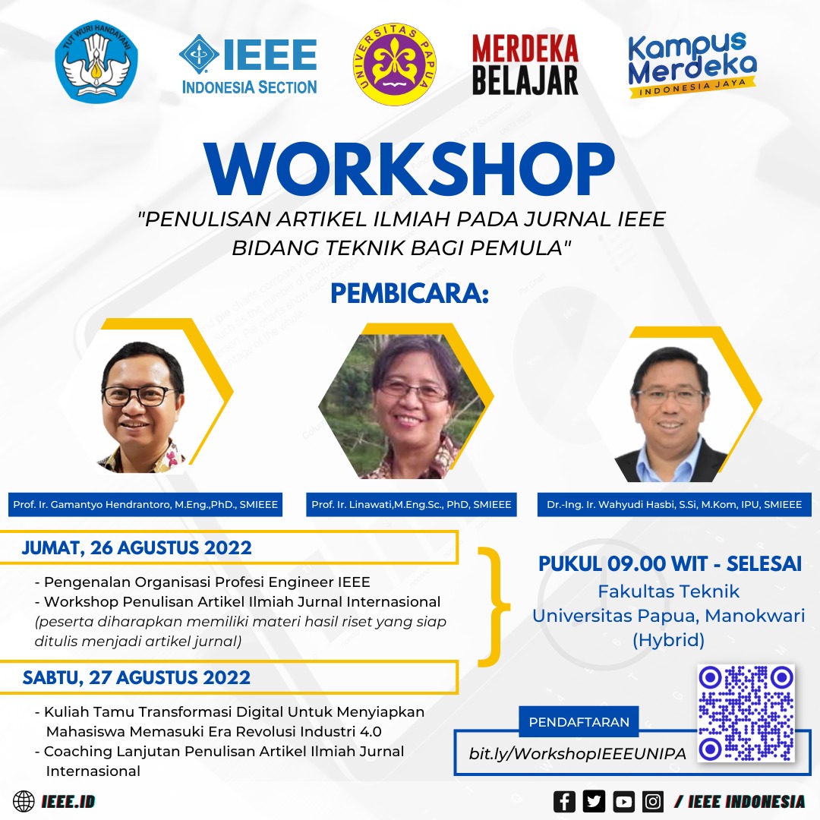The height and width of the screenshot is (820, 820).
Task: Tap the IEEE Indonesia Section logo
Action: pyautogui.click(x=249, y=65)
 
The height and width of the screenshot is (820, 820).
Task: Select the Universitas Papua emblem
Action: pyautogui.click(x=394, y=64)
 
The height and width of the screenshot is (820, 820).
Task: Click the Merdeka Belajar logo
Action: pyautogui.click(x=525, y=65)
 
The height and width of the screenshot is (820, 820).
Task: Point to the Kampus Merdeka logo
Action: pyautogui.click(x=692, y=64)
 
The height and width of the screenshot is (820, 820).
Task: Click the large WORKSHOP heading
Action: pyautogui.click(x=409, y=169)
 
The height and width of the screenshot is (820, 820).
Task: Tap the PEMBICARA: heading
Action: pyautogui.click(x=409, y=295)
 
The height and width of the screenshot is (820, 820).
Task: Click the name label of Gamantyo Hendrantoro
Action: pyautogui.click(x=146, y=504)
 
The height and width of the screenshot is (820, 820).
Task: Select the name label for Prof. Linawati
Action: pyautogui.click(x=411, y=504)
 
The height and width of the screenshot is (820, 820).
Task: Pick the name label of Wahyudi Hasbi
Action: pyautogui.click(x=674, y=504)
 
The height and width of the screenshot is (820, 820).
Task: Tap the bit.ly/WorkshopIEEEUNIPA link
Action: pyautogui.click(x=578, y=753)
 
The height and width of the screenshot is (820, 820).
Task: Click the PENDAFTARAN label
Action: pyautogui.click(x=579, y=721)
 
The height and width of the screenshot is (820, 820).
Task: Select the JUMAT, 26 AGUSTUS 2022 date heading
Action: pyautogui.click(x=137, y=547)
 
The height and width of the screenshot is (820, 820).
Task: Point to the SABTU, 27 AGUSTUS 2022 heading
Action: pyautogui.click(x=137, y=676)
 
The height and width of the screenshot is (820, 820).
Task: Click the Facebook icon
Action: pyautogui.click(x=564, y=801)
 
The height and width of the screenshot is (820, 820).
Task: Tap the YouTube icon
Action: pyautogui.click(x=624, y=801)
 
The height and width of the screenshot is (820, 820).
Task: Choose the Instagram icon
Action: pyautogui.click(x=653, y=801)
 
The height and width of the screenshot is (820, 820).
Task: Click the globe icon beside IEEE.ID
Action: pyautogui.click(x=24, y=801)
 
